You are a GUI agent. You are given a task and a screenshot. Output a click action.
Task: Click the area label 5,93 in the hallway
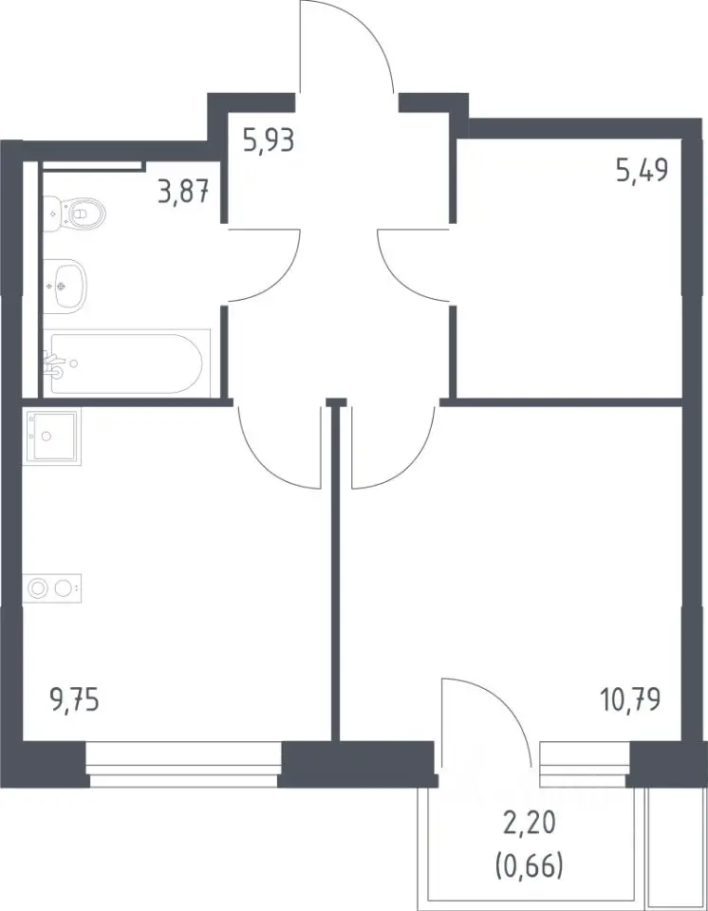click(x=270, y=141)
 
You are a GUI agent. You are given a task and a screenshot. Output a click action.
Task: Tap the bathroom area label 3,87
click(x=183, y=191)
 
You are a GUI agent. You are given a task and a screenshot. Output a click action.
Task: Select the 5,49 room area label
click(x=642, y=171)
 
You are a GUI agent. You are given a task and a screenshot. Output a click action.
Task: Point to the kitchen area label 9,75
click(x=75, y=700)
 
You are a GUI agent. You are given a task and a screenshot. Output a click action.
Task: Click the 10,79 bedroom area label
click(x=630, y=699)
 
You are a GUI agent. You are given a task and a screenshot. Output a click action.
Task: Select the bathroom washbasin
click(x=65, y=286)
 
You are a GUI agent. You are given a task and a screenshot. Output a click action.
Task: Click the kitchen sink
click(x=52, y=436)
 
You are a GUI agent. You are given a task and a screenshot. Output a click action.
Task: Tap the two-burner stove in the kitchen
click(x=52, y=588)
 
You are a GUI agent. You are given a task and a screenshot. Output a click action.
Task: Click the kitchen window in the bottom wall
click(x=184, y=765)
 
